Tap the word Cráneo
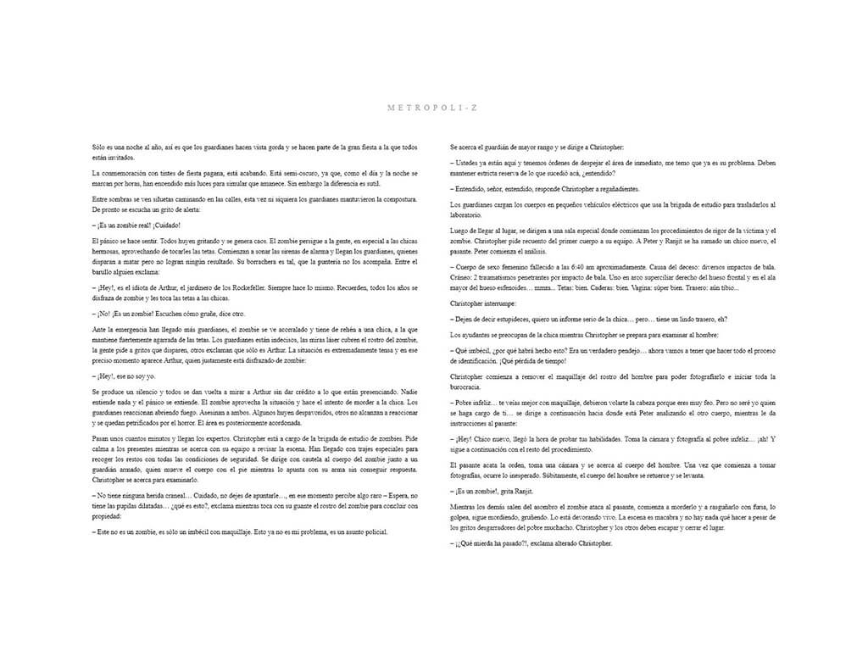[462, 278]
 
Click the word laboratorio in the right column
[471, 216]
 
